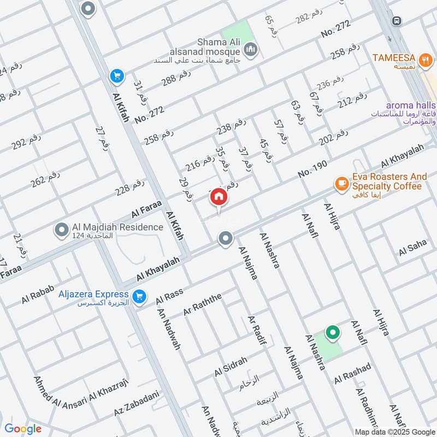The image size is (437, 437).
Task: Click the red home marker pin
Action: (x=218, y=197)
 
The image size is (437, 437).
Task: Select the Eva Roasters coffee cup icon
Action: (x=342, y=184)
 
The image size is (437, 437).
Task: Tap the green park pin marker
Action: (x=332, y=332)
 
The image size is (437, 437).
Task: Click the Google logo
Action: (x=23, y=429)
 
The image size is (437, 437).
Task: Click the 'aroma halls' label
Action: (x=410, y=105)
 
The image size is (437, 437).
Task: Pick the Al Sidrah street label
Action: (x=231, y=367)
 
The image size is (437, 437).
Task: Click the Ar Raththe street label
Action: (x=203, y=304)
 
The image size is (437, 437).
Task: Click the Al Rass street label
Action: (x=169, y=296)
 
